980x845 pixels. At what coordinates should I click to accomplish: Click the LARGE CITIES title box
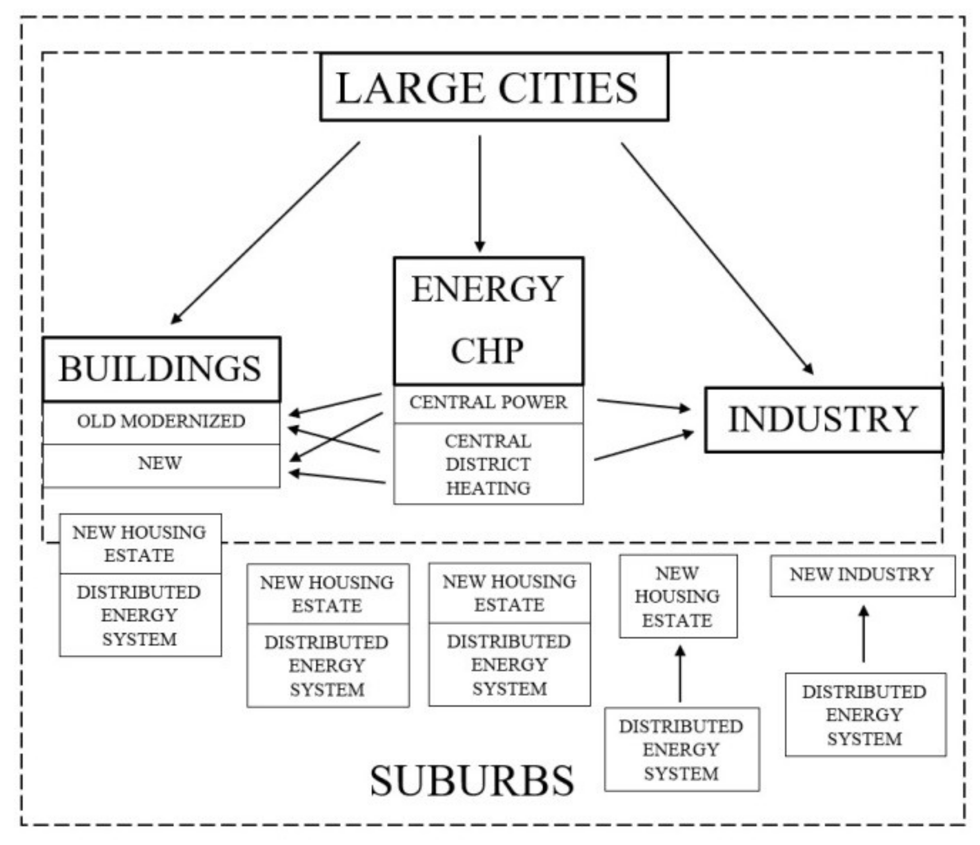(x=493, y=87)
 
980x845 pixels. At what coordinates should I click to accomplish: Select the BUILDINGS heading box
(x=160, y=369)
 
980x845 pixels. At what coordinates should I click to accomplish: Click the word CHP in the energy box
(x=487, y=350)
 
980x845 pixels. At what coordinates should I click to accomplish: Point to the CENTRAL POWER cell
(x=488, y=403)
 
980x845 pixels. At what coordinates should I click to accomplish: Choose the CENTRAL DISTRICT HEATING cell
(x=488, y=464)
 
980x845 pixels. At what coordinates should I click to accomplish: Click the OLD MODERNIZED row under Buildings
(x=160, y=422)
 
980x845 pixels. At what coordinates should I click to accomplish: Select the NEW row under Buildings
(x=160, y=464)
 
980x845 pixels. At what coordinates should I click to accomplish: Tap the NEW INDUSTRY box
(x=861, y=575)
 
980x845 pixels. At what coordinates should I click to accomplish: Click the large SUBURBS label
(x=471, y=781)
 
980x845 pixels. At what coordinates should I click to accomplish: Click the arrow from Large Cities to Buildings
(x=265, y=233)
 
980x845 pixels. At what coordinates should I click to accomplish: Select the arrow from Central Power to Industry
(x=643, y=404)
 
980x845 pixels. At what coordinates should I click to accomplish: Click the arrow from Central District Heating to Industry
(x=643, y=446)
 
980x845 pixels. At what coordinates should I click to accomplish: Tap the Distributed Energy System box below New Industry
(x=865, y=715)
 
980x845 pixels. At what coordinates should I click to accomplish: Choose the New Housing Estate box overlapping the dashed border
(x=140, y=544)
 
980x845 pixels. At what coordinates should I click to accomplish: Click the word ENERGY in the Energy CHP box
(x=487, y=290)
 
